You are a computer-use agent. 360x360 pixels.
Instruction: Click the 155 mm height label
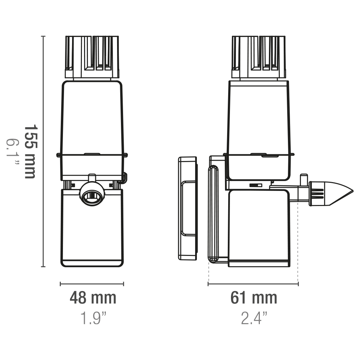[30, 152]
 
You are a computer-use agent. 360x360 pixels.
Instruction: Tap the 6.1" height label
[12, 152]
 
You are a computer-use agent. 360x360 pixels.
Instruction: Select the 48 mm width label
[93, 298]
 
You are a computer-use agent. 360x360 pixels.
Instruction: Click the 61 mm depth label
[254, 298]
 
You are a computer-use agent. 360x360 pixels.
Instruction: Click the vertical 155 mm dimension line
[43, 152]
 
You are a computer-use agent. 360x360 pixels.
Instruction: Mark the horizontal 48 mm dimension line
[92, 284]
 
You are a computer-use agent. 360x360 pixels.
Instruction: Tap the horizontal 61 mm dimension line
[253, 284]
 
